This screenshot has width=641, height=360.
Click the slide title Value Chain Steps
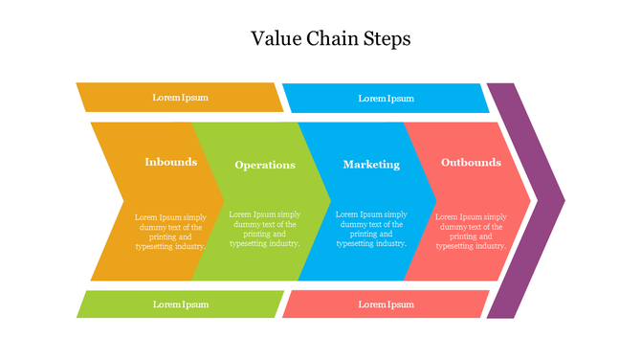330,39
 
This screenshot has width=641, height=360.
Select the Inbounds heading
170,162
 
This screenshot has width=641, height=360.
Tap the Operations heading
265,165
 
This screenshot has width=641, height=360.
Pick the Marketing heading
371,165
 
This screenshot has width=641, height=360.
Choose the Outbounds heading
471,162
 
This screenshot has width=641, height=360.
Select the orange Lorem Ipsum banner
180,98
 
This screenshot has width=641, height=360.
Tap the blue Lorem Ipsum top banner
386,98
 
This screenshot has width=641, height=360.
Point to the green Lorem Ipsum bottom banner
180,304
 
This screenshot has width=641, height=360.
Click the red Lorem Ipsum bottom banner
386,304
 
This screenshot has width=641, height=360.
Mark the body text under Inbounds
170,232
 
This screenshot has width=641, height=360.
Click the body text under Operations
265,229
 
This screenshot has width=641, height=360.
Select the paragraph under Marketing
371,229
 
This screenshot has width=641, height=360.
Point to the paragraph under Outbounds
471,232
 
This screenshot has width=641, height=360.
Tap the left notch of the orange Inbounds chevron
122,201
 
